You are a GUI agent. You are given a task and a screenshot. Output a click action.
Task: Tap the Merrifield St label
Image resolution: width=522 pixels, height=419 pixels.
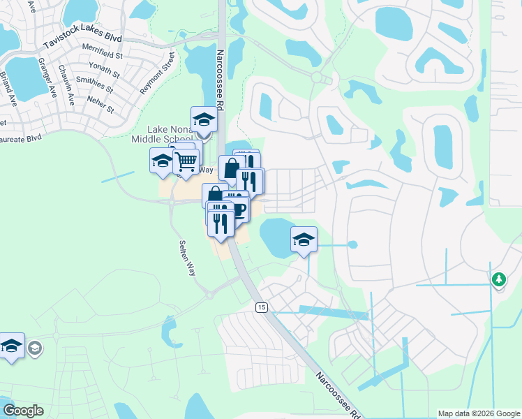103,55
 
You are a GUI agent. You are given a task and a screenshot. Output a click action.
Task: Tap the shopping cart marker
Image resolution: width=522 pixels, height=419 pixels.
186,161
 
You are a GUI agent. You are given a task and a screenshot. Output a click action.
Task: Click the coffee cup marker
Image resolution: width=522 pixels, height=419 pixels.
238,209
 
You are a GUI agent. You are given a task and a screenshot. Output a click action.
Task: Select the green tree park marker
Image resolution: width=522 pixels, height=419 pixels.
498,279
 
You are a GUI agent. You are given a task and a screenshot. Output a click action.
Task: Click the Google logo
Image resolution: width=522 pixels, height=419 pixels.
23,411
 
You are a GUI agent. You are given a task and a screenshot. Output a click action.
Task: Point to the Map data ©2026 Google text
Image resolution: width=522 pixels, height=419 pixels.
479,413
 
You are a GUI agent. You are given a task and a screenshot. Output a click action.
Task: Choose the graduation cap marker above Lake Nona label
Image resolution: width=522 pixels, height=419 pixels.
204,119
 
